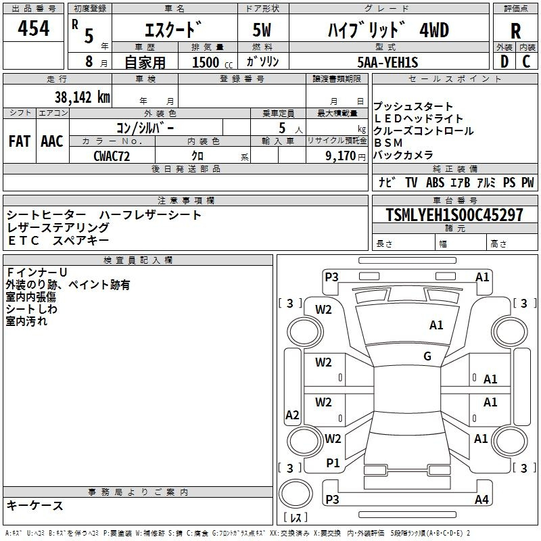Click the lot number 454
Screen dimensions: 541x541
pos(33,28)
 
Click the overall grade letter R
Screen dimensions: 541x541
pos(515,31)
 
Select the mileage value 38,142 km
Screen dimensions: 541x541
pos(82,97)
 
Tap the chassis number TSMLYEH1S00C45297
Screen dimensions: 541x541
pos(454,214)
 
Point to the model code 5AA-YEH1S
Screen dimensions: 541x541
pos(387,62)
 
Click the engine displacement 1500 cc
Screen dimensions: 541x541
pos(212,62)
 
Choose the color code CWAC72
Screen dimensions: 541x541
pos(112,156)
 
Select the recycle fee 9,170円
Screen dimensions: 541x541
pos(346,156)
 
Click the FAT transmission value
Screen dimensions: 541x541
pos(20,141)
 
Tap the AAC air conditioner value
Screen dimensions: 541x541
pos(52,141)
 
